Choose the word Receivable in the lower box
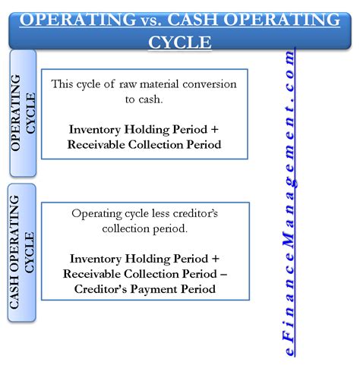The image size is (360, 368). click(98, 274)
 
